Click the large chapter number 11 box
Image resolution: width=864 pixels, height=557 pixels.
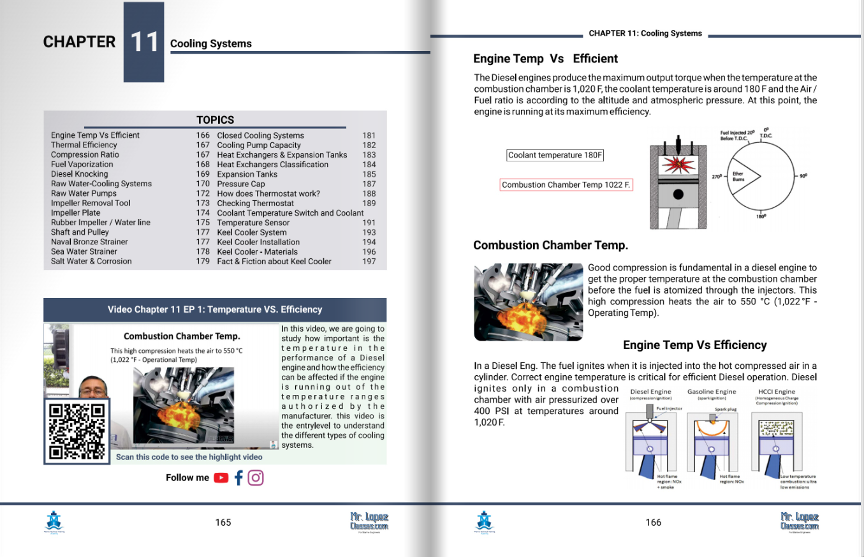point(143,42)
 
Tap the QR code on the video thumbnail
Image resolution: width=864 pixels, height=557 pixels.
point(77,431)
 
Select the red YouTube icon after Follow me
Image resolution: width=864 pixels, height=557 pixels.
point(221,478)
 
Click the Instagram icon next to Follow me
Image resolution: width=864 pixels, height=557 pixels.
point(256,478)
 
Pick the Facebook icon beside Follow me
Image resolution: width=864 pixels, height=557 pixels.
point(238,478)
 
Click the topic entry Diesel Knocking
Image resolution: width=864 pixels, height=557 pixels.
point(80,174)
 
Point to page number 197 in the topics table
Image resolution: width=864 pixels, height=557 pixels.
point(369,262)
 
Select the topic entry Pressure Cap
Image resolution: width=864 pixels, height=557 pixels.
point(241,184)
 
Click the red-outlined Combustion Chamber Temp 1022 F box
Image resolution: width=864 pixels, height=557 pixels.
point(566,185)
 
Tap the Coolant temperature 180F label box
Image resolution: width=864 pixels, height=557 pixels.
point(555,155)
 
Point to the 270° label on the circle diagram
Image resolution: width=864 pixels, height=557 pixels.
point(717,175)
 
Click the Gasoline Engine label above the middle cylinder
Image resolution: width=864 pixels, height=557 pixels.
point(712,392)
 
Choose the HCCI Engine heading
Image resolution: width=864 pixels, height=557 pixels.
point(776,392)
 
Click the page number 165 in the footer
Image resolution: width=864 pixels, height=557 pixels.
point(223,523)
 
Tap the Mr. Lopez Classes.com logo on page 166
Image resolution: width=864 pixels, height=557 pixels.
point(799,521)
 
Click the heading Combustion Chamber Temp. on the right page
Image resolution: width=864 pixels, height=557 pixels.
point(550,245)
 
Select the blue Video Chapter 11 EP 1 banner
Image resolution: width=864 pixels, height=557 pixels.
point(215,309)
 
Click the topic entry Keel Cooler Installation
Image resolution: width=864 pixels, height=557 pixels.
point(258,242)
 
